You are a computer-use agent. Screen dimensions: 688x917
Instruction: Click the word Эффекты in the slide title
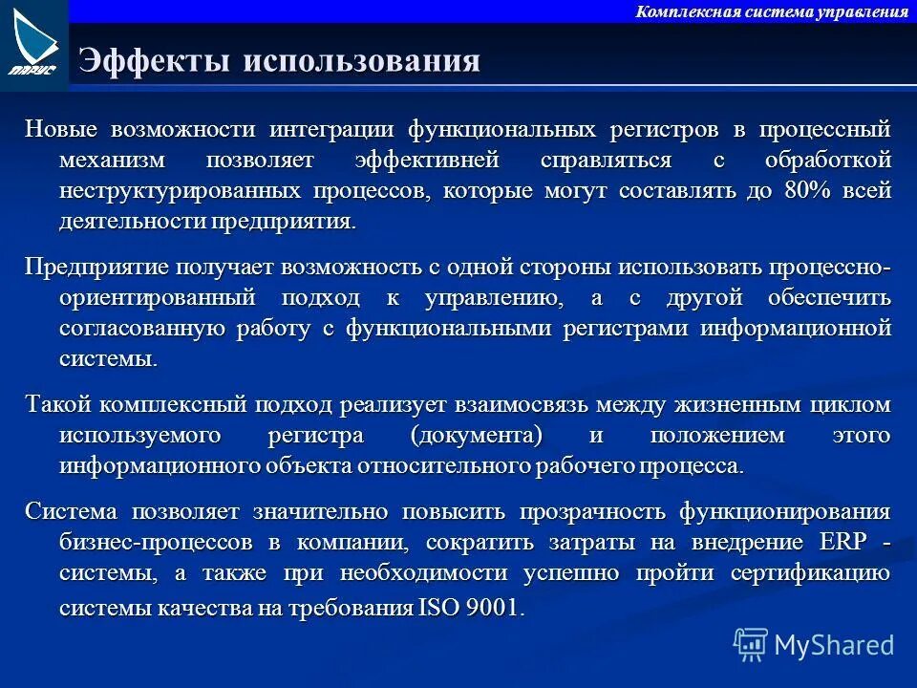click(155, 60)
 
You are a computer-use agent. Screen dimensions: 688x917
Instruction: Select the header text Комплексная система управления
click(771, 11)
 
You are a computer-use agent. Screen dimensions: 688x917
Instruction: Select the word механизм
click(111, 160)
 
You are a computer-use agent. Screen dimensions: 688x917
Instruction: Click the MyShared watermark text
click(834, 645)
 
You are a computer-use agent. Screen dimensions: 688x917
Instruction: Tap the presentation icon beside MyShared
click(751, 645)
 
